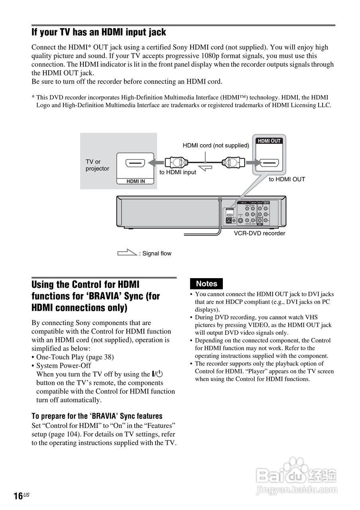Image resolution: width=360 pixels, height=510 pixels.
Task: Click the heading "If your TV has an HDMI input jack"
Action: click(99, 32)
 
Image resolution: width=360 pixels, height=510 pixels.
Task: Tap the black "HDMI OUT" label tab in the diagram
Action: click(269, 141)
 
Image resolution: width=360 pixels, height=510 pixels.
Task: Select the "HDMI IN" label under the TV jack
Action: click(136, 182)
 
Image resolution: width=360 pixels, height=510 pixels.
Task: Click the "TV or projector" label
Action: click(97, 165)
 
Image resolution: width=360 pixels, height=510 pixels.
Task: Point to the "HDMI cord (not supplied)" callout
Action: click(216, 145)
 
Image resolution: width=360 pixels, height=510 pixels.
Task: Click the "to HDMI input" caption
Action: click(178, 172)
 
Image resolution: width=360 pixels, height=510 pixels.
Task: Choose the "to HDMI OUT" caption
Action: click(287, 179)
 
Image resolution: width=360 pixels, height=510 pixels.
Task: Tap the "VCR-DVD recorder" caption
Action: click(260, 233)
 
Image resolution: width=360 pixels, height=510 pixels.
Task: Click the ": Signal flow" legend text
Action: click(155, 253)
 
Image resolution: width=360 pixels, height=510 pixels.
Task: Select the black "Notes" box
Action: click(207, 284)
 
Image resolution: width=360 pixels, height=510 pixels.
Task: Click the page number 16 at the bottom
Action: click(18, 496)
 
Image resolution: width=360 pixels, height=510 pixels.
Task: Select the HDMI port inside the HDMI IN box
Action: click(135, 163)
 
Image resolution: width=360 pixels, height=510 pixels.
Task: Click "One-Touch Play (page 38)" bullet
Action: click(75, 357)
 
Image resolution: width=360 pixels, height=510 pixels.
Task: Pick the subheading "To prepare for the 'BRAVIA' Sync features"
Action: click(97, 416)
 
